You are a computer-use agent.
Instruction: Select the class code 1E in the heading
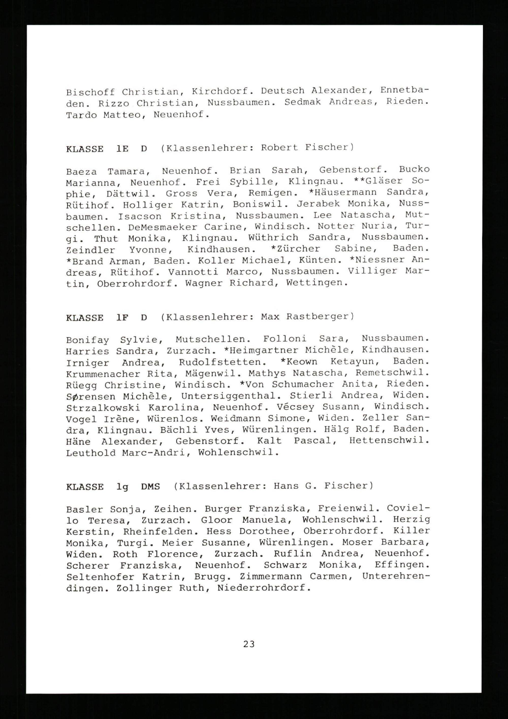pyautogui.click(x=122, y=149)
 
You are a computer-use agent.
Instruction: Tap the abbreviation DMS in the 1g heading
pyautogui.click(x=150, y=487)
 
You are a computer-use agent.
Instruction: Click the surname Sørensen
pyautogui.click(x=90, y=397)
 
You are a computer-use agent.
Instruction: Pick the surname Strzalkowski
pyautogui.click(x=103, y=408)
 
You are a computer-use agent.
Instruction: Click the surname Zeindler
pyautogui.click(x=90, y=250)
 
